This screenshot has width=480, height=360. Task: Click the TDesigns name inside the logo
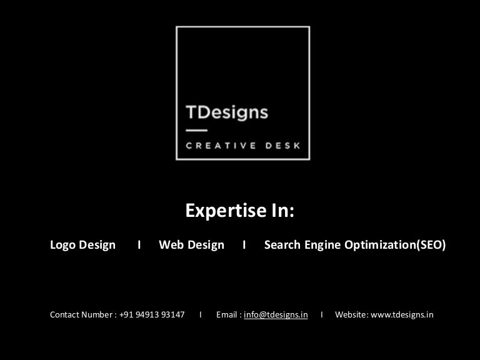click(227, 112)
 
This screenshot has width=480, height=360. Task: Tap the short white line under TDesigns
click(196, 131)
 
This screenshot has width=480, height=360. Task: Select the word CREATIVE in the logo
click(221, 146)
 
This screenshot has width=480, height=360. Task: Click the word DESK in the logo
click(282, 146)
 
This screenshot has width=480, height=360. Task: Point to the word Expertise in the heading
click(226, 211)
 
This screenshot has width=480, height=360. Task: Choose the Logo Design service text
click(82, 245)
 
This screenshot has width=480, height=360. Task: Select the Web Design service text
click(191, 245)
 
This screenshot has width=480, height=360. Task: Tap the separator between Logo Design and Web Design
click(139, 244)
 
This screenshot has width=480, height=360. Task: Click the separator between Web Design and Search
click(244, 244)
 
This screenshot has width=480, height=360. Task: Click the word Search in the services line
click(282, 244)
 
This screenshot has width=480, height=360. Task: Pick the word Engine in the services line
click(322, 245)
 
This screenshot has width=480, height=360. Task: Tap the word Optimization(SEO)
click(395, 245)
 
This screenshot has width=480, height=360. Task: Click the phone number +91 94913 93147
click(152, 315)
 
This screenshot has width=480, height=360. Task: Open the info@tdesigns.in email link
click(276, 315)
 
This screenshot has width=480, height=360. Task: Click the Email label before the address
click(227, 315)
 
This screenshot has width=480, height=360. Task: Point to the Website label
click(352, 315)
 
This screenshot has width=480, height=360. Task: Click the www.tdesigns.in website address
click(402, 315)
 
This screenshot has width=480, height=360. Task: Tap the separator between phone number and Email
click(201, 315)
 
